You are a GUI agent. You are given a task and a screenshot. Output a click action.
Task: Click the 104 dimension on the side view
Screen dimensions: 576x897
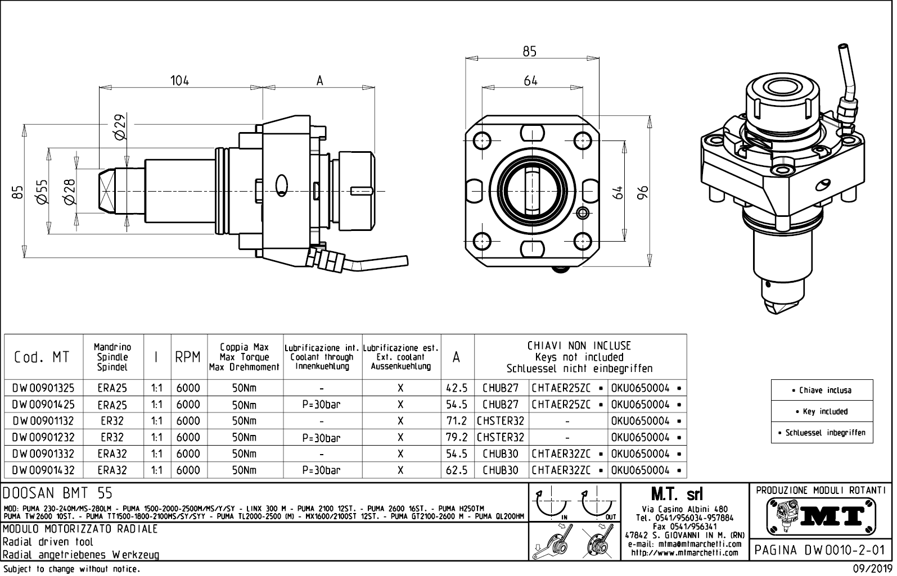pyautogui.click(x=180, y=80)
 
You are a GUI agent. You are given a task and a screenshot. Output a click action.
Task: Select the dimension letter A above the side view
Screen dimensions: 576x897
pyautogui.click(x=319, y=81)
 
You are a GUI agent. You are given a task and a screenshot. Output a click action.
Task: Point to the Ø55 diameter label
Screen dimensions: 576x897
pyautogui.click(x=40, y=192)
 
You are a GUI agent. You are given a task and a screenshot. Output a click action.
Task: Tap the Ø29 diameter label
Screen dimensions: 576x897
pyautogui.click(x=119, y=127)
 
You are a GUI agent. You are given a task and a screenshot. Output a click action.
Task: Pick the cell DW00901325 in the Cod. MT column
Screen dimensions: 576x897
pyautogui.click(x=43, y=388)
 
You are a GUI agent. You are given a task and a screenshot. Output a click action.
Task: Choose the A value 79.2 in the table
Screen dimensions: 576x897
pyautogui.click(x=457, y=437)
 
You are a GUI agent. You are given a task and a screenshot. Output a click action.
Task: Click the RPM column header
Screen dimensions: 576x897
pyautogui.click(x=188, y=357)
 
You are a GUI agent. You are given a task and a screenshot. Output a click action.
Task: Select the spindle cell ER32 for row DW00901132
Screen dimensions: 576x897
pyautogui.click(x=112, y=421)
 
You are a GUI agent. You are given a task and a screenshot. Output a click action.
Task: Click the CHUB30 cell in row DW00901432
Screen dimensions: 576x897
pyautogui.click(x=501, y=470)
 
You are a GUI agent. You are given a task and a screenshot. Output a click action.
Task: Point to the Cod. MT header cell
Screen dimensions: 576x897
pyautogui.click(x=43, y=357)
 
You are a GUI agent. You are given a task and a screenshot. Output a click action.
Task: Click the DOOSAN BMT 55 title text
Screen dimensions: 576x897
pyautogui.click(x=58, y=493)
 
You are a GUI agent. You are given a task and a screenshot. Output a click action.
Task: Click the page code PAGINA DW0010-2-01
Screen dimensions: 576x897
pyautogui.click(x=822, y=550)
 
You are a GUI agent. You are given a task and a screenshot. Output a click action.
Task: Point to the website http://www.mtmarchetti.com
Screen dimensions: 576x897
pyautogui.click(x=684, y=552)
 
